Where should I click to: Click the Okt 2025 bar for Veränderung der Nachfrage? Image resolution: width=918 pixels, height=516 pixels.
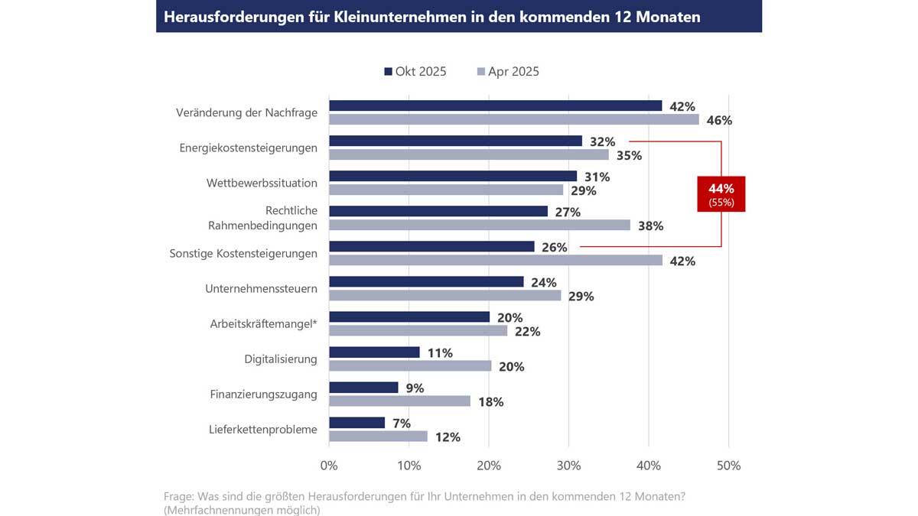point(495,105)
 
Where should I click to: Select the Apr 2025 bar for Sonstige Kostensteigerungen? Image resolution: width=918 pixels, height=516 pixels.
point(495,261)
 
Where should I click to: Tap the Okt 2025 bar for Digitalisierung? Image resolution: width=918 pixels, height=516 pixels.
point(374,352)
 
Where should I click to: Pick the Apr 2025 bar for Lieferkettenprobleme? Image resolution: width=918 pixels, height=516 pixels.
point(378,436)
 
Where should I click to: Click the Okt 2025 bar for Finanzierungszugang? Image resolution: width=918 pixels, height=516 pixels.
point(363,388)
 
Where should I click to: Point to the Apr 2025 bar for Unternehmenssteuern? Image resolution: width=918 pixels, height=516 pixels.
point(444,296)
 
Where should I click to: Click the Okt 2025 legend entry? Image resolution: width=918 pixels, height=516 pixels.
point(415,72)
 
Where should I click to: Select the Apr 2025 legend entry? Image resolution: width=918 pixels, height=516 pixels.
point(508,72)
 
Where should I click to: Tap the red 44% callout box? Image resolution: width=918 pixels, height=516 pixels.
point(721,194)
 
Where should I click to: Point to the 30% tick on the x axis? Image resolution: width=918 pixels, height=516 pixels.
point(568,465)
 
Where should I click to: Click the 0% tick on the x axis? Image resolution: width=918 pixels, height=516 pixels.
point(329,465)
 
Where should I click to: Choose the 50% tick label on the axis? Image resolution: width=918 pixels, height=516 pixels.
point(728,465)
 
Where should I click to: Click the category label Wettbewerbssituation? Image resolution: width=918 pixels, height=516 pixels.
point(262,183)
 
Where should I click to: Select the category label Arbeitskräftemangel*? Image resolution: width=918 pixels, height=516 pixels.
point(263,324)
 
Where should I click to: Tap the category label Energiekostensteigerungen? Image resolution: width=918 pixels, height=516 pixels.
point(248,148)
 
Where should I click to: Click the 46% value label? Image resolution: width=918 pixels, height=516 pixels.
point(720,121)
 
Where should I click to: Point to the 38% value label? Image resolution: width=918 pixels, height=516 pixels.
point(651,226)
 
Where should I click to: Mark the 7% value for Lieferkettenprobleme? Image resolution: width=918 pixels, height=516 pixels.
point(401,424)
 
